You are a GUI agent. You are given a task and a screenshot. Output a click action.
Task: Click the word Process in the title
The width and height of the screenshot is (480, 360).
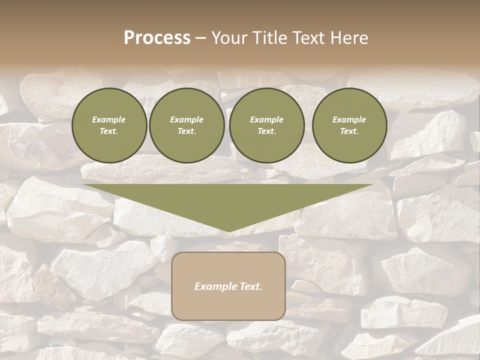tap(157, 38)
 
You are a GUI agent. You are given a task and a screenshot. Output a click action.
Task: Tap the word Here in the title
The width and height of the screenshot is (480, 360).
tap(348, 38)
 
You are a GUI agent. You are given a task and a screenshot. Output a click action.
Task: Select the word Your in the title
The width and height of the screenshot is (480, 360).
tap(230, 38)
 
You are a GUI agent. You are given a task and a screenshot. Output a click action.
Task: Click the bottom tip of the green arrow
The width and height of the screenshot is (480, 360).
tap(229, 231)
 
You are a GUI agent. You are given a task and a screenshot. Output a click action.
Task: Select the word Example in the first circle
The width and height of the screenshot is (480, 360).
tap(109, 119)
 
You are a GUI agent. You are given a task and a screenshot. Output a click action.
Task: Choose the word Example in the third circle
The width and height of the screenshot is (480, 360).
tap(266, 119)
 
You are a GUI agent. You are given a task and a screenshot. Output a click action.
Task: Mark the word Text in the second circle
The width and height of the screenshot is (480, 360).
tap(186, 131)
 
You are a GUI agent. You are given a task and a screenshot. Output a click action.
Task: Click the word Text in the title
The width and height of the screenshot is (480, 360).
tap(308, 38)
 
